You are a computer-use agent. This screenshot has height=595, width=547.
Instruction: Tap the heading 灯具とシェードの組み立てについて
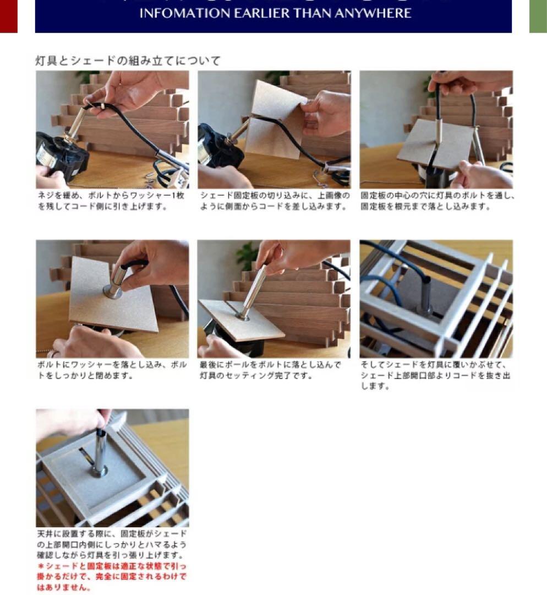coord(128,61)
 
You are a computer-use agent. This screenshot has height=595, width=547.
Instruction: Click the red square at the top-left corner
coord(8,15)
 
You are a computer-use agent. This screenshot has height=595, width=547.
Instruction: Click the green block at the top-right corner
coord(538,15)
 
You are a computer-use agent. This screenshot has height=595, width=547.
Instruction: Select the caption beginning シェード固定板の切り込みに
coord(273,201)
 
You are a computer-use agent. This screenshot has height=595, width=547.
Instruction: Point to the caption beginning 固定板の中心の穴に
coord(436,201)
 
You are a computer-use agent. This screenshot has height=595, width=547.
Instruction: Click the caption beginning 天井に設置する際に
coord(112,544)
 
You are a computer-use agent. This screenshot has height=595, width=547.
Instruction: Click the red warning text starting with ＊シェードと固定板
coord(112,576)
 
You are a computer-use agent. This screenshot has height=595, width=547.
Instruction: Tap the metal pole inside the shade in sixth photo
coord(424,295)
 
